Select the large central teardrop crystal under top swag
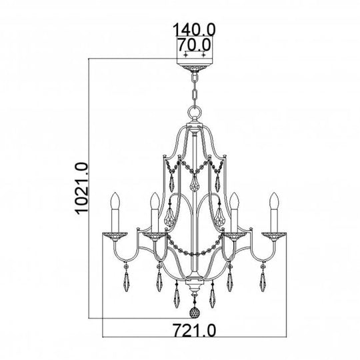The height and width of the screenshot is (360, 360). coord(193,183)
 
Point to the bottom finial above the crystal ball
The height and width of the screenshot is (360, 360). coord(193,292)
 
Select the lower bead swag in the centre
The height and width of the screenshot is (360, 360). coord(193,252)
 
